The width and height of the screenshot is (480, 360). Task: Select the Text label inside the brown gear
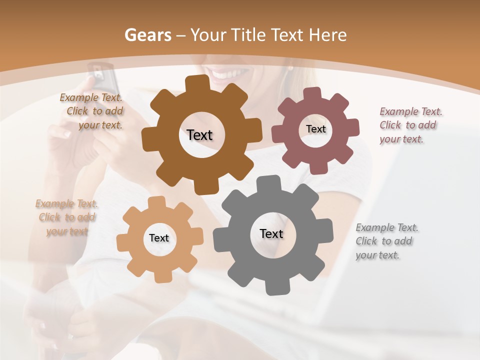click(200, 135)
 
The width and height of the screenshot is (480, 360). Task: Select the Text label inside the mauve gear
click(315, 129)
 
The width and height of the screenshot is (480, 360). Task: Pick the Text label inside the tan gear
click(159, 238)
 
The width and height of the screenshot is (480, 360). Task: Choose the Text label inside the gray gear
click(271, 233)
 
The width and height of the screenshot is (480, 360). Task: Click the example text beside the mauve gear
click(410, 125)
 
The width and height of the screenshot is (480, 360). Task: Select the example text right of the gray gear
click(386, 241)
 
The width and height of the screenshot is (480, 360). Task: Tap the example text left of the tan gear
click(67, 217)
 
